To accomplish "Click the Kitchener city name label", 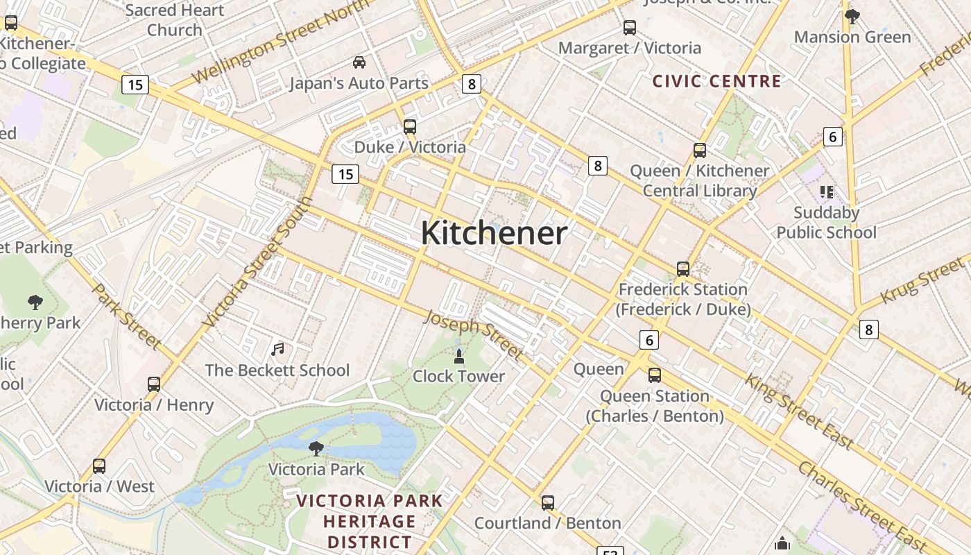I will coord(494,233).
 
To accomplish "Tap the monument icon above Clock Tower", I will coord(458,357).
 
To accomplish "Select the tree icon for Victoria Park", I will coord(316,449).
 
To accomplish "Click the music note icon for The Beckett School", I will coord(277,349).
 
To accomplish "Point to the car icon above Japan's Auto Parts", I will coord(359,62).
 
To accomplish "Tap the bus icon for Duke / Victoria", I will coord(410,127).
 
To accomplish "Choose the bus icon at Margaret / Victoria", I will coord(629,28).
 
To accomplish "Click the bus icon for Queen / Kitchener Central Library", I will coord(699,151).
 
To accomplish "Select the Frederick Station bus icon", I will coord(683,269).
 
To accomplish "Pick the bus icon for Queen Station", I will coord(654,376).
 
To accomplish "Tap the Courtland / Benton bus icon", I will coord(548,503).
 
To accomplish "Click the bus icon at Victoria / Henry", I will coord(154,384).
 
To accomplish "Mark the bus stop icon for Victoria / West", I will coord(99,466).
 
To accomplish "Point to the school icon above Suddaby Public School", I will coord(826,191).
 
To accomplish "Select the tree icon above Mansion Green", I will coord(852,17).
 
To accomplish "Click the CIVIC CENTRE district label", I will coord(716,81).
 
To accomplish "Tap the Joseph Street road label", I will coord(473,335).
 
